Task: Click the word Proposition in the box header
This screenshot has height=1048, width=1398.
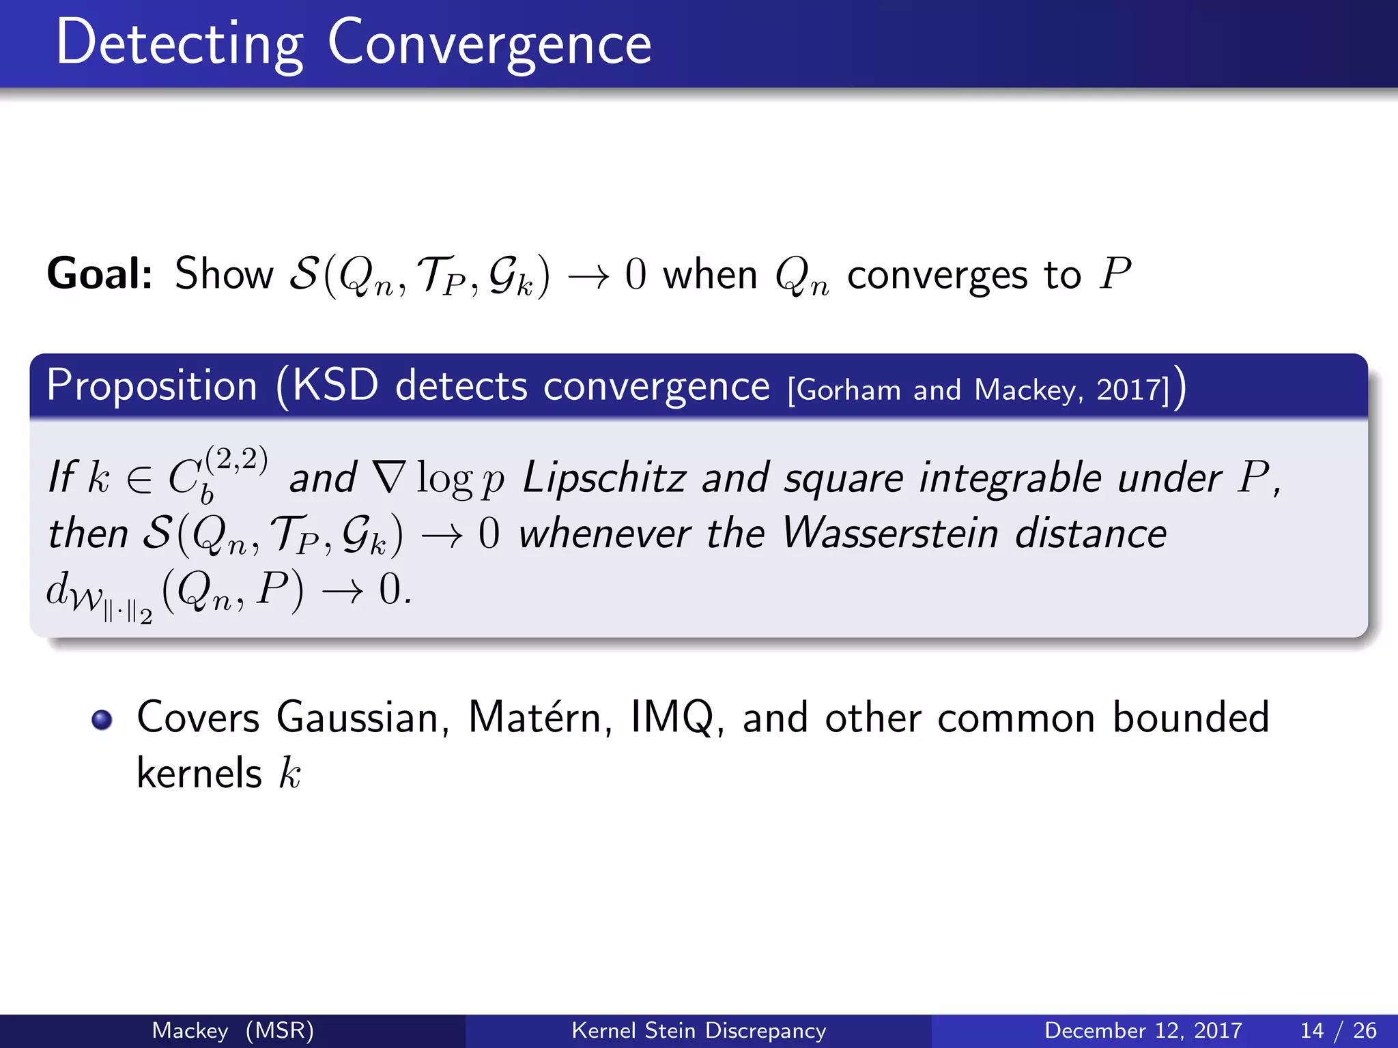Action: (152, 386)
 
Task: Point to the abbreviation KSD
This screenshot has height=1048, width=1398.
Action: (334, 386)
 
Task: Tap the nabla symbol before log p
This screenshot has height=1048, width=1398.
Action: (389, 477)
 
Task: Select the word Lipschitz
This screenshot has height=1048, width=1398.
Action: (604, 477)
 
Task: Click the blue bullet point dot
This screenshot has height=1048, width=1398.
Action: (102, 720)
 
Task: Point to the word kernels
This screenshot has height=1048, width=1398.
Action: (199, 774)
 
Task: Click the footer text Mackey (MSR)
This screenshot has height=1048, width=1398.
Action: (233, 1030)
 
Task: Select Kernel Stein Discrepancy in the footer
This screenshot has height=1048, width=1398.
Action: (698, 1030)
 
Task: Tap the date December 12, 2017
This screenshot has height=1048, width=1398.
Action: (1143, 1030)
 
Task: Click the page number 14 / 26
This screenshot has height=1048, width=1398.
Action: (1338, 1030)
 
